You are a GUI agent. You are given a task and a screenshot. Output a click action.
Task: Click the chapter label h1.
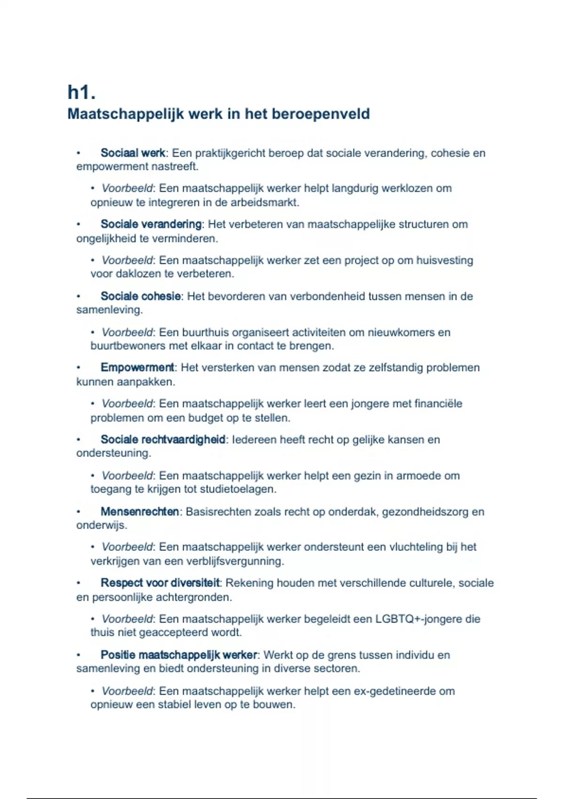coord(81,92)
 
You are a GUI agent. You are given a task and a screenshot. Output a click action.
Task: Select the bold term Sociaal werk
coord(133,153)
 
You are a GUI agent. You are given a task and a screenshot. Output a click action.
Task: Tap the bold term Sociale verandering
coord(151,224)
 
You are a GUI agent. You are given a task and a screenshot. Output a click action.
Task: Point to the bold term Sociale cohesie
coord(141,296)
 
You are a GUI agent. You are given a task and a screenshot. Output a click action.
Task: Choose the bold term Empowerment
coord(137,368)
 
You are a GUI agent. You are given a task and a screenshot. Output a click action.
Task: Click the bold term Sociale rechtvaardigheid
coord(163,439)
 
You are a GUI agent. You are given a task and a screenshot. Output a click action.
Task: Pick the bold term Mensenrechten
coord(140,511)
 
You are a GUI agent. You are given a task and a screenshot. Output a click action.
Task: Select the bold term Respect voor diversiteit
coord(160,583)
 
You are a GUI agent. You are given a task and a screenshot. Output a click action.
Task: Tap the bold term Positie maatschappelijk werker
coord(179,655)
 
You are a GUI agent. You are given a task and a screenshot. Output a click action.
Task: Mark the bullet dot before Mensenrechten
coord(78,511)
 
